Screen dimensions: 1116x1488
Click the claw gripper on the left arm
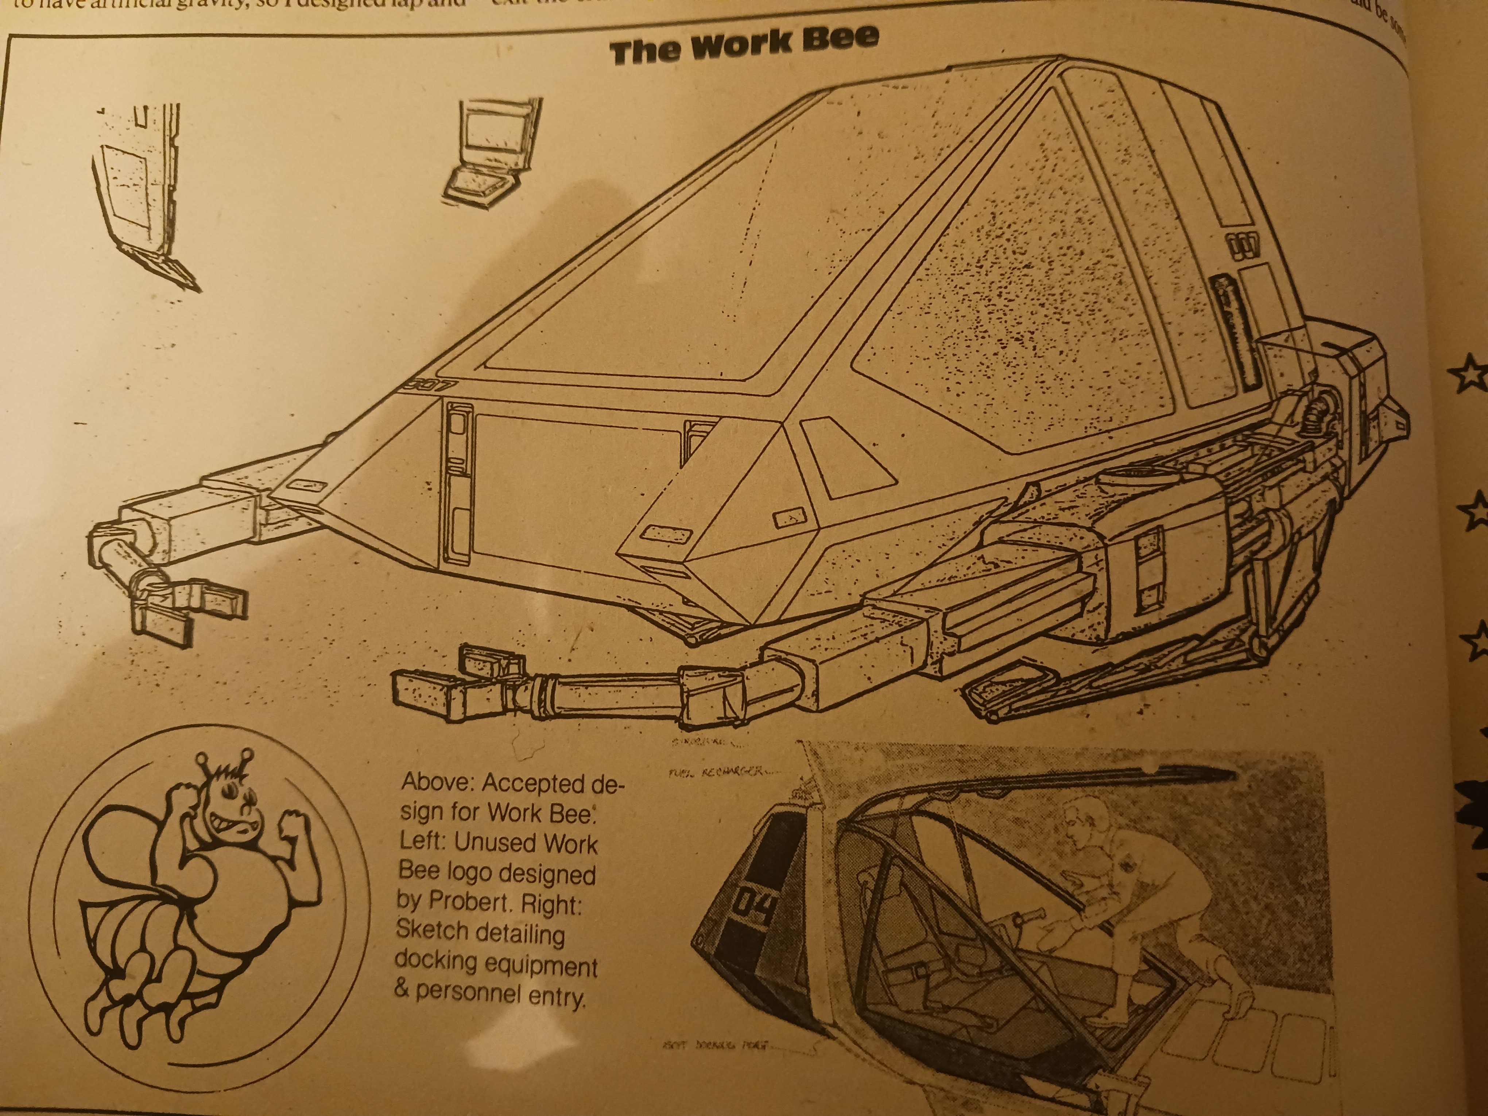pyautogui.click(x=185, y=609)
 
